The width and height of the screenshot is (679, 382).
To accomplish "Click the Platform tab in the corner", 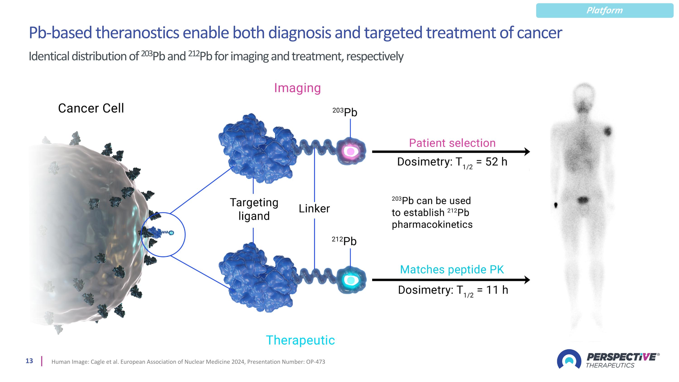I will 604,11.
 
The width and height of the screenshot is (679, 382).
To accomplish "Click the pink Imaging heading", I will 297,88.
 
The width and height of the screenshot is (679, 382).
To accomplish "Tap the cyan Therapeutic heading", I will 300,340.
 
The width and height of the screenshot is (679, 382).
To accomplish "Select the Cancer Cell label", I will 91,108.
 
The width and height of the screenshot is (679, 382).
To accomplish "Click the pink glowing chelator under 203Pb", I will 351,151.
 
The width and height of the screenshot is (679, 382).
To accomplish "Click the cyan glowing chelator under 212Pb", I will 351,280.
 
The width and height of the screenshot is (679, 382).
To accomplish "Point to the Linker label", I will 314,209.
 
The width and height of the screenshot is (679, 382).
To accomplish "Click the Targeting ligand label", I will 254,209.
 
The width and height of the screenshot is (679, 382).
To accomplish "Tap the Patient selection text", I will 452,143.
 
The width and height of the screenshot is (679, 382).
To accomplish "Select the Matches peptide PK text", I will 452,270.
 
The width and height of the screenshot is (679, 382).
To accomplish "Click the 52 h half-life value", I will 496,162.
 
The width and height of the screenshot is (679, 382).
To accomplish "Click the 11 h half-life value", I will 497,290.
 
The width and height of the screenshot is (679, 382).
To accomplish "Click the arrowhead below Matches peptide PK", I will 527,280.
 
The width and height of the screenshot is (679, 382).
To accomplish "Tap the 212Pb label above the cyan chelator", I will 344,241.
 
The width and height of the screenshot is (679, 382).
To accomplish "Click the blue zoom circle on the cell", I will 163,235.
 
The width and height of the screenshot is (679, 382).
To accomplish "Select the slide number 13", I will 29,361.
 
